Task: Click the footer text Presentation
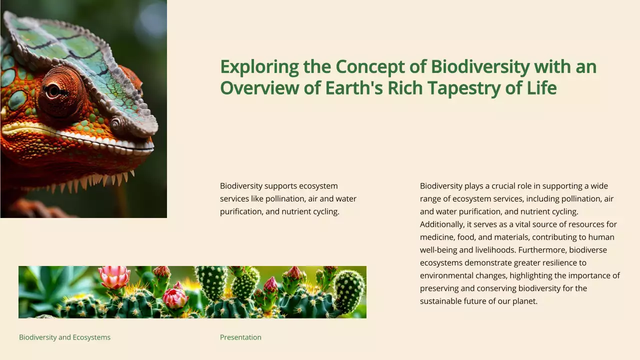coord(240,337)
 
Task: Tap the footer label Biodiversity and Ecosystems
coord(64,337)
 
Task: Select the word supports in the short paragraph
coord(283,186)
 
